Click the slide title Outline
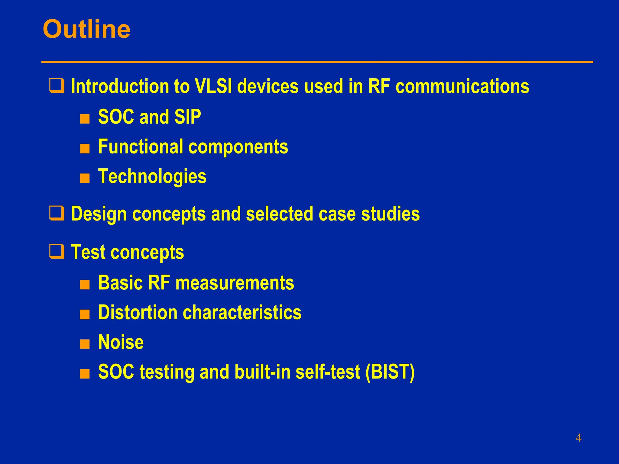[86, 29]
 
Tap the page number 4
[578, 438]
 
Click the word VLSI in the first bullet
[213, 86]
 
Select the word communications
[462, 86]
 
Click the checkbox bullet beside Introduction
[57, 86]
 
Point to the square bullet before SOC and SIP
[85, 119]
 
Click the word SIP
[187, 117]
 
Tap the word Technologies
[152, 176]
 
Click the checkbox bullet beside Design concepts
[57, 213]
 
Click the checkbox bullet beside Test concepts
[57, 252]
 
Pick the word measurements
[235, 283]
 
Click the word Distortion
[138, 312]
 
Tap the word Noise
[121, 342]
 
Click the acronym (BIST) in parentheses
[390, 372]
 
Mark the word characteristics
[242, 312]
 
